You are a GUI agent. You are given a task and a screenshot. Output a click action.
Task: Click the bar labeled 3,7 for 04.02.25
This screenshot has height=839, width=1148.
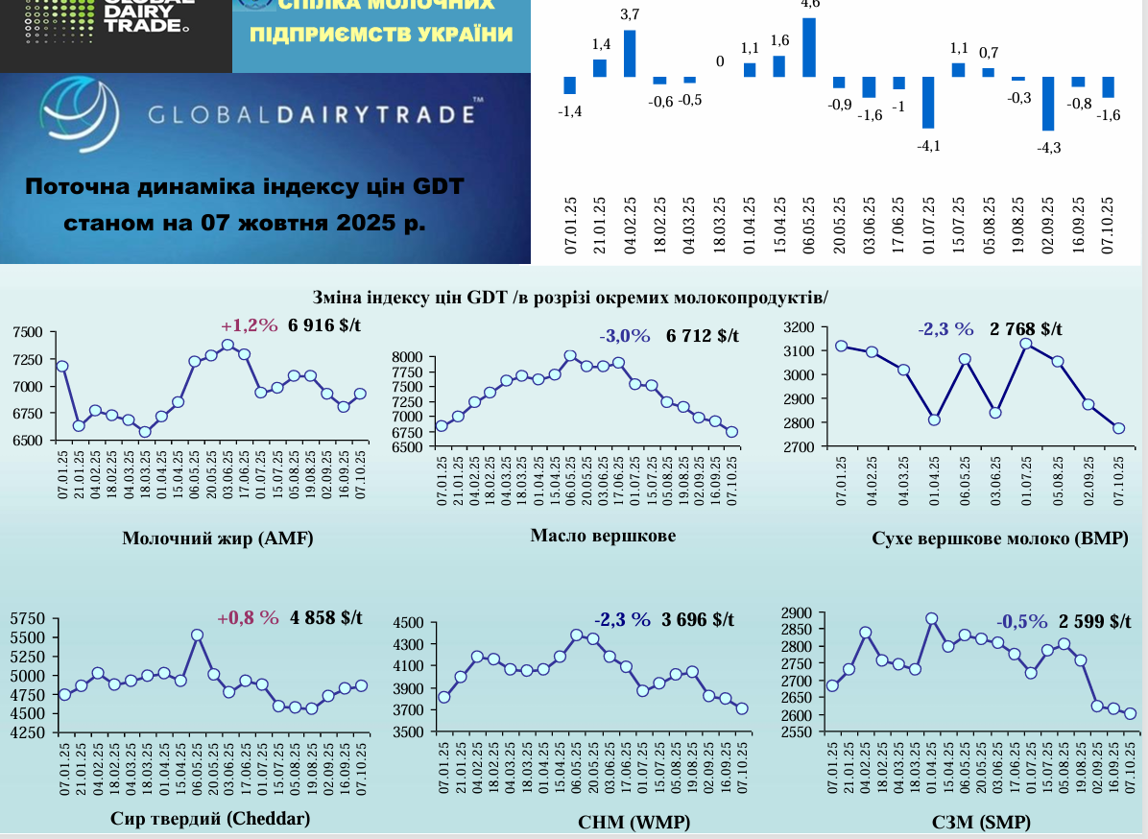pyautogui.click(x=630, y=54)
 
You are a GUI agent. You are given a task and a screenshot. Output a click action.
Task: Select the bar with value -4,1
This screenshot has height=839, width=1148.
pyautogui.click(x=928, y=102)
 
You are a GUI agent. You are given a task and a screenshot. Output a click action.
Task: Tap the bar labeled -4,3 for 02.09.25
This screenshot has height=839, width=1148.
pyautogui.click(x=1048, y=103)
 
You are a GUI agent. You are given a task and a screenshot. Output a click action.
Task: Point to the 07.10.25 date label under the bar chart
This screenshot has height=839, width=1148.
pyautogui.click(x=1108, y=224)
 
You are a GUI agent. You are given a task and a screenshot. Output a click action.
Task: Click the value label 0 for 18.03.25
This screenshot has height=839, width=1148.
pyautogui.click(x=720, y=62)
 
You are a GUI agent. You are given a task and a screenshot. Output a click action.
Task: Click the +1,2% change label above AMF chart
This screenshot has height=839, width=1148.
pyautogui.click(x=247, y=325)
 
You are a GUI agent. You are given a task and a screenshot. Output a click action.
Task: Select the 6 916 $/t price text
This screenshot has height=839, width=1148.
pyautogui.click(x=324, y=325)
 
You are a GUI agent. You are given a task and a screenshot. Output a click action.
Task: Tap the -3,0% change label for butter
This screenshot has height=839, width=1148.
pyautogui.click(x=625, y=336)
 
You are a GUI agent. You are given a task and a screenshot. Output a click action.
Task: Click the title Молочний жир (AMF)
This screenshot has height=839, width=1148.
pyautogui.click(x=218, y=538)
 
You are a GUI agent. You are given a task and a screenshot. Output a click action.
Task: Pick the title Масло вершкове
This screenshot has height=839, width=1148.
pyautogui.click(x=603, y=535)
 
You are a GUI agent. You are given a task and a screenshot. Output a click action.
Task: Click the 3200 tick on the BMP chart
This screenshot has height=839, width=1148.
pyautogui.click(x=799, y=327)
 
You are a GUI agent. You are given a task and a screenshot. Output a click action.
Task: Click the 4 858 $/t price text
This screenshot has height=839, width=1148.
pyautogui.click(x=326, y=617)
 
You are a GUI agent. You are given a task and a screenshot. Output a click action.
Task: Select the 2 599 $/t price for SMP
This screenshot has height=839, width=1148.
pyautogui.click(x=1095, y=620)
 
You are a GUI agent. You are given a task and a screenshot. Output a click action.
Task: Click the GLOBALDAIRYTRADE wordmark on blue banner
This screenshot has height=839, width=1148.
pyautogui.click(x=311, y=115)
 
